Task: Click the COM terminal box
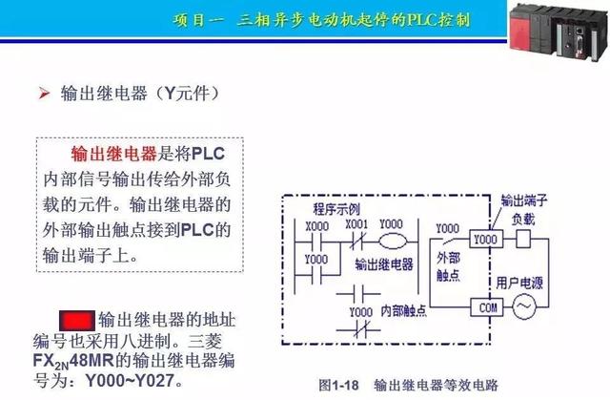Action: pos(487,307)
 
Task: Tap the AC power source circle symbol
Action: pos(525,307)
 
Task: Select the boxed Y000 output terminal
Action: pos(486,238)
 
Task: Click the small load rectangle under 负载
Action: pos(522,238)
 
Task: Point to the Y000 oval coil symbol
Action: pos(391,240)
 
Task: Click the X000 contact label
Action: pos(316,225)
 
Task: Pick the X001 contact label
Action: pos(356,225)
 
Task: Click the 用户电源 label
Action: pos(519,283)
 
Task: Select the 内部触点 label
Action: pos(404,310)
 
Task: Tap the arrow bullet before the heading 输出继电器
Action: pos(44,94)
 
